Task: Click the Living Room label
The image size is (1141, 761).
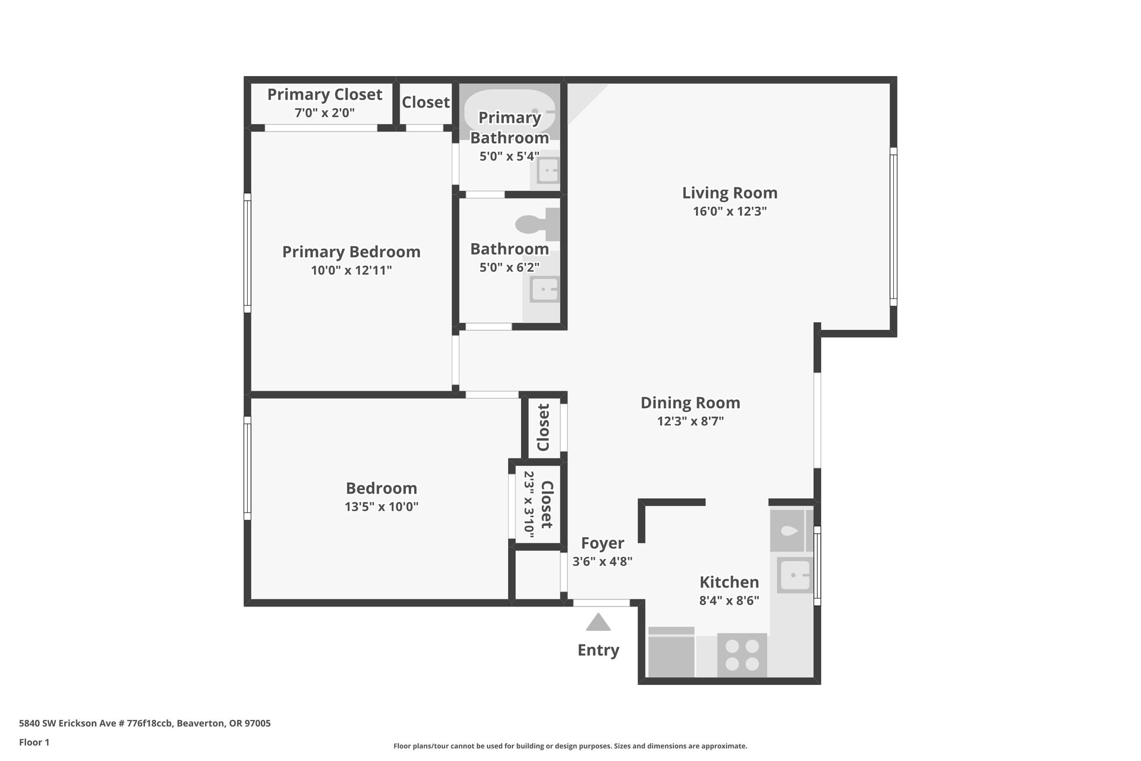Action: [x=730, y=193]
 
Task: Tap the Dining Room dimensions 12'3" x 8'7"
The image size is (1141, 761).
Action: [x=691, y=422]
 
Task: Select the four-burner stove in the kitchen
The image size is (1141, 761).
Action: [x=742, y=655]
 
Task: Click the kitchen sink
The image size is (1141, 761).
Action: [x=795, y=576]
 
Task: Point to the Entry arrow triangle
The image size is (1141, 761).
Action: [x=598, y=622]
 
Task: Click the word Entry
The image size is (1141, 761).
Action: [x=598, y=650]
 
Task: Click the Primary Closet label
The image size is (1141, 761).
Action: [x=324, y=95]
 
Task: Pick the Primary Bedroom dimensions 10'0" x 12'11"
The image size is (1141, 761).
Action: [x=351, y=271]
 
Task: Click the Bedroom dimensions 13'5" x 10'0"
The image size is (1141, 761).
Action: [x=382, y=507]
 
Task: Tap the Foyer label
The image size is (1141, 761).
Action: [x=603, y=543]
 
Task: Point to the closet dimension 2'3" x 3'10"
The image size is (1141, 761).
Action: [x=529, y=505]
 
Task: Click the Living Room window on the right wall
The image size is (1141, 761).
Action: [x=893, y=227]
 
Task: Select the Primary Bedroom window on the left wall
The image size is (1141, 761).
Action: [x=247, y=253]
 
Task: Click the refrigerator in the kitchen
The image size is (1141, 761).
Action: [x=672, y=652]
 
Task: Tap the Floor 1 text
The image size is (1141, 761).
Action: [x=34, y=742]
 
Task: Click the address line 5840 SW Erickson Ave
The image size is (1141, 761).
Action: [x=145, y=724]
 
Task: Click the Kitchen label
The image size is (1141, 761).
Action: [x=729, y=582]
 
